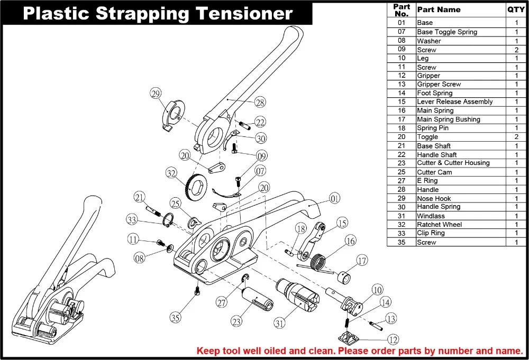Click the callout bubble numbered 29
pyautogui.click(x=155, y=94)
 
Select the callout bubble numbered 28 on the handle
pyautogui.click(x=260, y=102)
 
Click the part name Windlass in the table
pyautogui.click(x=431, y=216)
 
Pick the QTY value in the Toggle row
pyautogui.click(x=516, y=137)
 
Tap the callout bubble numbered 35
pyautogui.click(x=176, y=317)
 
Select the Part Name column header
pyautogui.click(x=439, y=10)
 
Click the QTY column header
pyautogui.click(x=516, y=10)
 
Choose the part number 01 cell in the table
pyautogui.click(x=402, y=23)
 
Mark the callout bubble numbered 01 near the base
pyautogui.click(x=334, y=199)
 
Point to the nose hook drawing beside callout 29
pyautogui.click(x=171, y=115)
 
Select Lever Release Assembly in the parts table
pyautogui.click(x=454, y=101)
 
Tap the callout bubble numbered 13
pyautogui.click(x=390, y=319)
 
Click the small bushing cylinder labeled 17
pyautogui.click(x=343, y=276)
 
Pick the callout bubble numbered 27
pyautogui.click(x=222, y=302)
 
